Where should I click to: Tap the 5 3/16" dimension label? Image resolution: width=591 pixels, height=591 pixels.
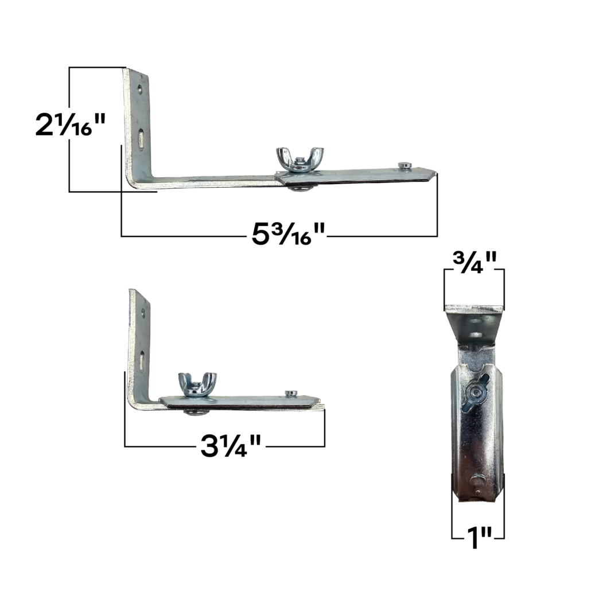(x=289, y=235)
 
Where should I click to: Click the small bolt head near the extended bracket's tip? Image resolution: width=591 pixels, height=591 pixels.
(x=405, y=165)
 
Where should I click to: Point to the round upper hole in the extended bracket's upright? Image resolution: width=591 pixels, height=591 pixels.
(x=138, y=90)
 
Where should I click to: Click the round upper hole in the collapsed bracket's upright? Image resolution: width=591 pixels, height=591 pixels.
(x=142, y=313)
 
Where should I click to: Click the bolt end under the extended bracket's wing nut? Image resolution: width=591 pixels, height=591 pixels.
(x=297, y=188)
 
